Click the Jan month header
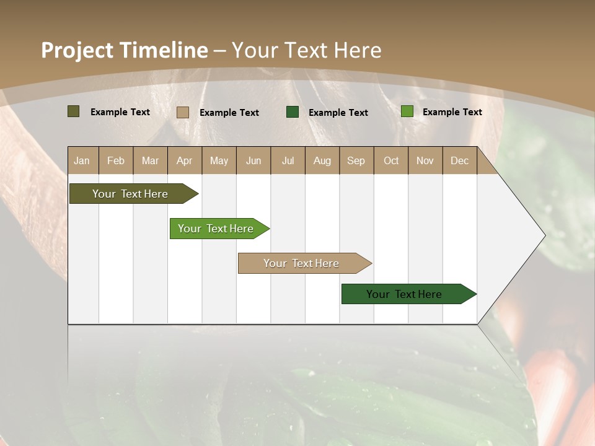(82, 160)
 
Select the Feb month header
(116, 160)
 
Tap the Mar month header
(150, 160)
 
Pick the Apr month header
(184, 160)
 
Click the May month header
(219, 160)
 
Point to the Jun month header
(253, 160)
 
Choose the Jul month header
(288, 160)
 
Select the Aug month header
(322, 160)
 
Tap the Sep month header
(356, 160)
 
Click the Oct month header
(391, 160)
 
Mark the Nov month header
(425, 160)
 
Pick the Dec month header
(459, 160)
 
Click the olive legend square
(73, 111)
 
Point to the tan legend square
(182, 112)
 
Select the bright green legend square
(407, 111)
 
